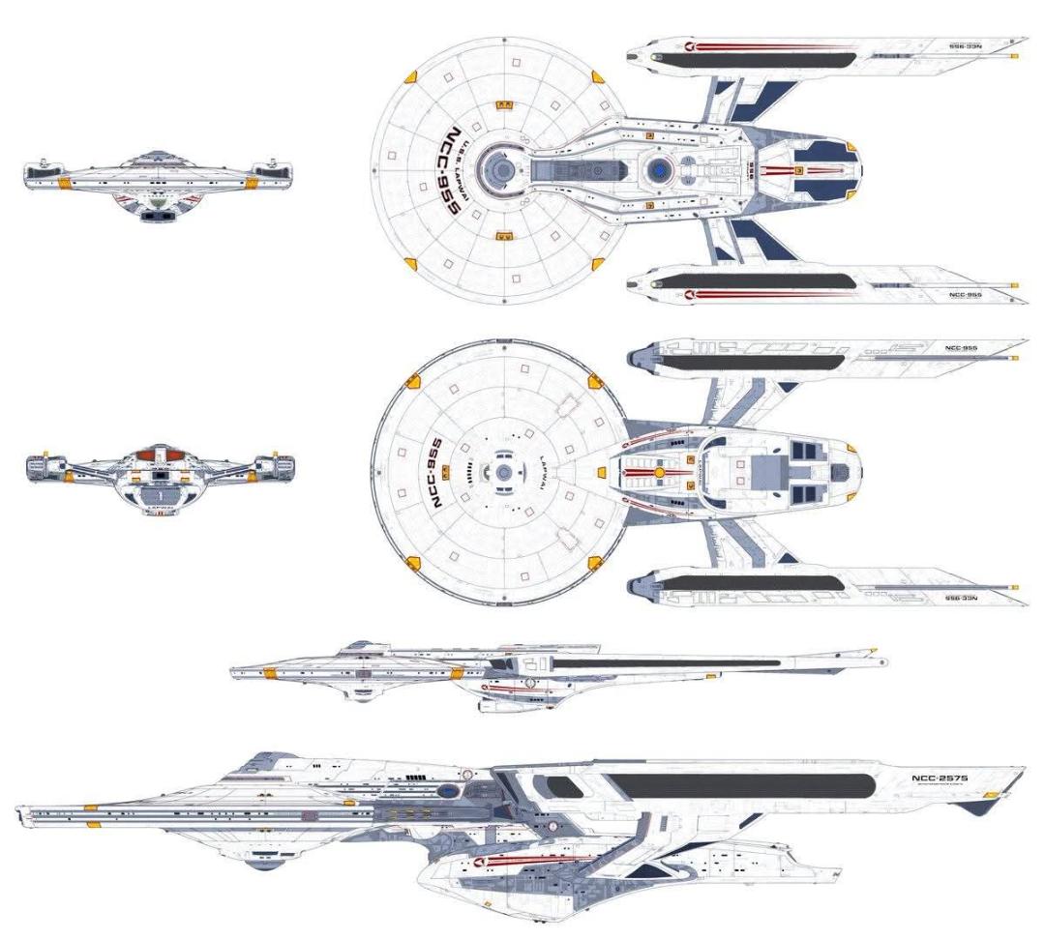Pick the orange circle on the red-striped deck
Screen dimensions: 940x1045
click(660, 472)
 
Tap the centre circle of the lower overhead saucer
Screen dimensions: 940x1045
click(503, 471)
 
